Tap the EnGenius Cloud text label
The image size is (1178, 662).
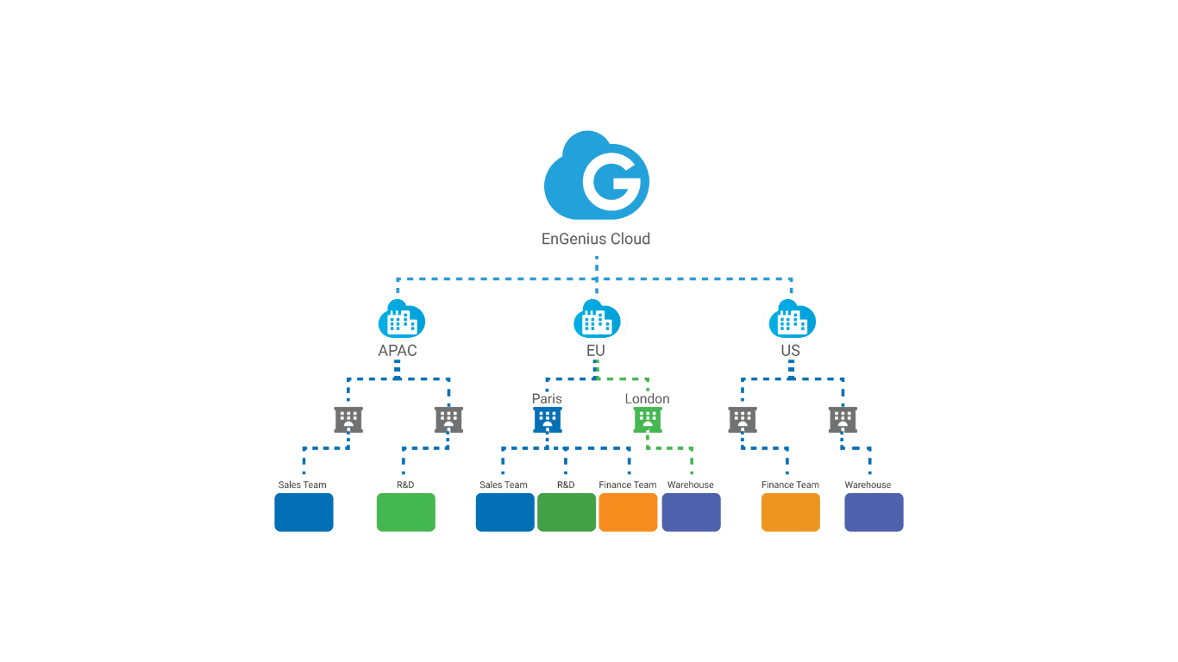click(596, 239)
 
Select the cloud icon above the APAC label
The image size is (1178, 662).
click(401, 320)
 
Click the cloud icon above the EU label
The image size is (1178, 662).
click(596, 320)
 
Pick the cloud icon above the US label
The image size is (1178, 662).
click(792, 320)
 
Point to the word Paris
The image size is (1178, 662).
click(547, 398)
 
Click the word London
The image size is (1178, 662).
click(647, 398)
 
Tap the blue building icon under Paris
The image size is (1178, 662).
click(548, 420)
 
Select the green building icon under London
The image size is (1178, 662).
click(648, 420)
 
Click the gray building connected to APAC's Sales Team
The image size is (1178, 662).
click(348, 420)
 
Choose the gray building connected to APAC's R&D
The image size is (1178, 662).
click(448, 420)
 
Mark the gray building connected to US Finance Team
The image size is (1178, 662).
click(743, 420)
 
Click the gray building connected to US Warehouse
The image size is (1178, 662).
click(843, 420)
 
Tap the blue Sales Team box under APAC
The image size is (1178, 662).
click(304, 512)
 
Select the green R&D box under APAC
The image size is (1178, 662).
click(405, 512)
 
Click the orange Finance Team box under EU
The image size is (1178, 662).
click(628, 512)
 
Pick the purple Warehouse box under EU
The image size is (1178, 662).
click(691, 512)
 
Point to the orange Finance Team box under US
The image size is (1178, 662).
click(790, 512)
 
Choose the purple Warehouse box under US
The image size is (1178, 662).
click(874, 512)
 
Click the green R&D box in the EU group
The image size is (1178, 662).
click(567, 512)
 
